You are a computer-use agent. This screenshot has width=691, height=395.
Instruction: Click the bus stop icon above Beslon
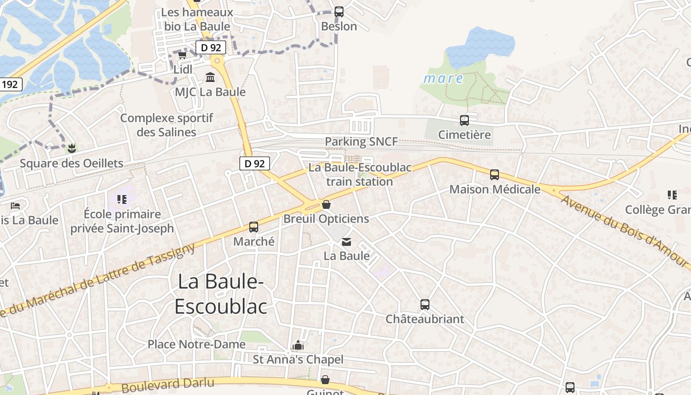click(339, 11)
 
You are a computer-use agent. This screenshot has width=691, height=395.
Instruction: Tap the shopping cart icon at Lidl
click(183, 54)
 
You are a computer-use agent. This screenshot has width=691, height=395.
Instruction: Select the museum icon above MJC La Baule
click(210, 78)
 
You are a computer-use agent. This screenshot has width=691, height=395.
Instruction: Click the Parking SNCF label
click(361, 142)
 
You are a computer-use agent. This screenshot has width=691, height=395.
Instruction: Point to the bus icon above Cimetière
click(464, 120)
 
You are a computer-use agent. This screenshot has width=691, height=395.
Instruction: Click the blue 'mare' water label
click(443, 79)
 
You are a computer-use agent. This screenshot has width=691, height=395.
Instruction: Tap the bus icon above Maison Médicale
click(495, 174)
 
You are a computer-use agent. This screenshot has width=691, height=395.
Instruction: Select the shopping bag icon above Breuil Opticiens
click(326, 204)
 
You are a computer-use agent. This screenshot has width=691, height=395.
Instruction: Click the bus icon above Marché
click(254, 227)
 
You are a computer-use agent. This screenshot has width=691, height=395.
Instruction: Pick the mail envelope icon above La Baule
click(346, 241)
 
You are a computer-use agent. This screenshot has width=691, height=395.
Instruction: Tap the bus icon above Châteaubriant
click(424, 305)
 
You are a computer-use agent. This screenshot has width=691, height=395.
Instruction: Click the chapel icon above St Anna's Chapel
click(298, 345)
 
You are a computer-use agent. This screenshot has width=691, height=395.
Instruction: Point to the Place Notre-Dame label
click(196, 344)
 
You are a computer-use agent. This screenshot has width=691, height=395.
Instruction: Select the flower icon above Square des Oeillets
click(72, 148)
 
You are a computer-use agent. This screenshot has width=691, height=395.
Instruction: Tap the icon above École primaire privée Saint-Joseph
click(122, 199)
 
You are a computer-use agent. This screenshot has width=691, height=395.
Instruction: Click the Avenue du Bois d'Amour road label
click(624, 232)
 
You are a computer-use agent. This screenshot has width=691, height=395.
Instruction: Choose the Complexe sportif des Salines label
click(167, 125)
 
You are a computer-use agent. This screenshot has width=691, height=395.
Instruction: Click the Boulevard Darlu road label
click(168, 385)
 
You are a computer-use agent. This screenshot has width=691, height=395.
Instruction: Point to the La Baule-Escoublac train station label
click(360, 174)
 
